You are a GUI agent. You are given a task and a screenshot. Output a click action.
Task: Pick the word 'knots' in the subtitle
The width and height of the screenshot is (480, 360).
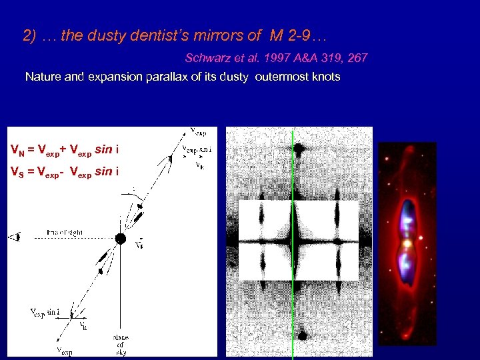(325, 77)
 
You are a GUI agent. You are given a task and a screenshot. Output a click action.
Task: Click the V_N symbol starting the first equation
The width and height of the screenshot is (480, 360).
(19, 149)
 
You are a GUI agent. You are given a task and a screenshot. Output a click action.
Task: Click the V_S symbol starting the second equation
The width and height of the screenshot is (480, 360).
(19, 171)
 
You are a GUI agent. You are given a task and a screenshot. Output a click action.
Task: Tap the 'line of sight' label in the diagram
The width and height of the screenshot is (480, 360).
(65, 232)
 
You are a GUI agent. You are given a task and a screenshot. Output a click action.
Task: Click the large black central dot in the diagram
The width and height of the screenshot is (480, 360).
(120, 239)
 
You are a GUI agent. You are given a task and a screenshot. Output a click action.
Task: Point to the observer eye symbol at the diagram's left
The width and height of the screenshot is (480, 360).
(15, 236)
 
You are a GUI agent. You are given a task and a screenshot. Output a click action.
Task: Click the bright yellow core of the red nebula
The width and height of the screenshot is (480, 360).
(407, 243)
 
